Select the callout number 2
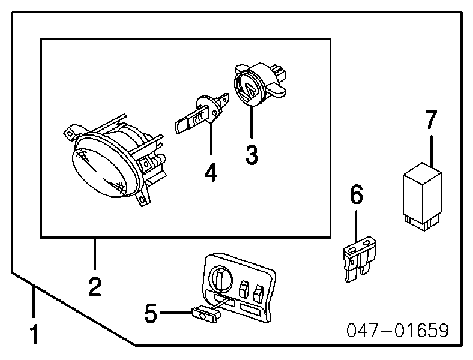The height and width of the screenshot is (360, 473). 94,287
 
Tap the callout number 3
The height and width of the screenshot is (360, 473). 252,155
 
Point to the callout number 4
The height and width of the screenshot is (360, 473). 210,172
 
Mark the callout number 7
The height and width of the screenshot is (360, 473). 431,120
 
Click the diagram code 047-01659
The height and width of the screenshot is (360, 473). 397,331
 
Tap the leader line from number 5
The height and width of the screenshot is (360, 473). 176,312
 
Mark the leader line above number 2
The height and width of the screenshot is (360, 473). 94,254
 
